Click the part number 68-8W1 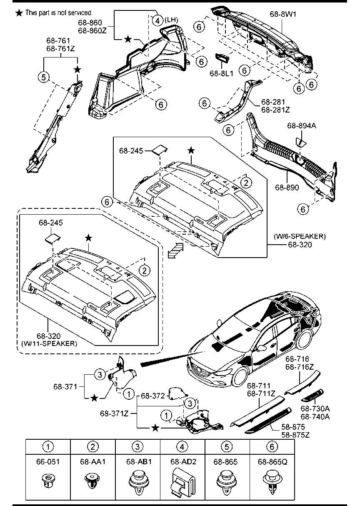coord(283,14)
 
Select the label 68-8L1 coord(221,73)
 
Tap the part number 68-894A coord(302,125)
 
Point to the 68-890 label coord(287,188)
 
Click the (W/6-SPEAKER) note coord(300,236)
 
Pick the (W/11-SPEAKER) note coord(49,343)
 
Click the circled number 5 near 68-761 coord(44,77)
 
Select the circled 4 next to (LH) coord(157,20)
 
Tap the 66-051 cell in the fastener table coord(48,462)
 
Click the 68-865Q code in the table coord(272,462)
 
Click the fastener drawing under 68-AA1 coord(92,481)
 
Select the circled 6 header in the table coord(272,446)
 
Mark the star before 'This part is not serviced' coord(19,13)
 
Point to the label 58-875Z coord(295,435)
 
